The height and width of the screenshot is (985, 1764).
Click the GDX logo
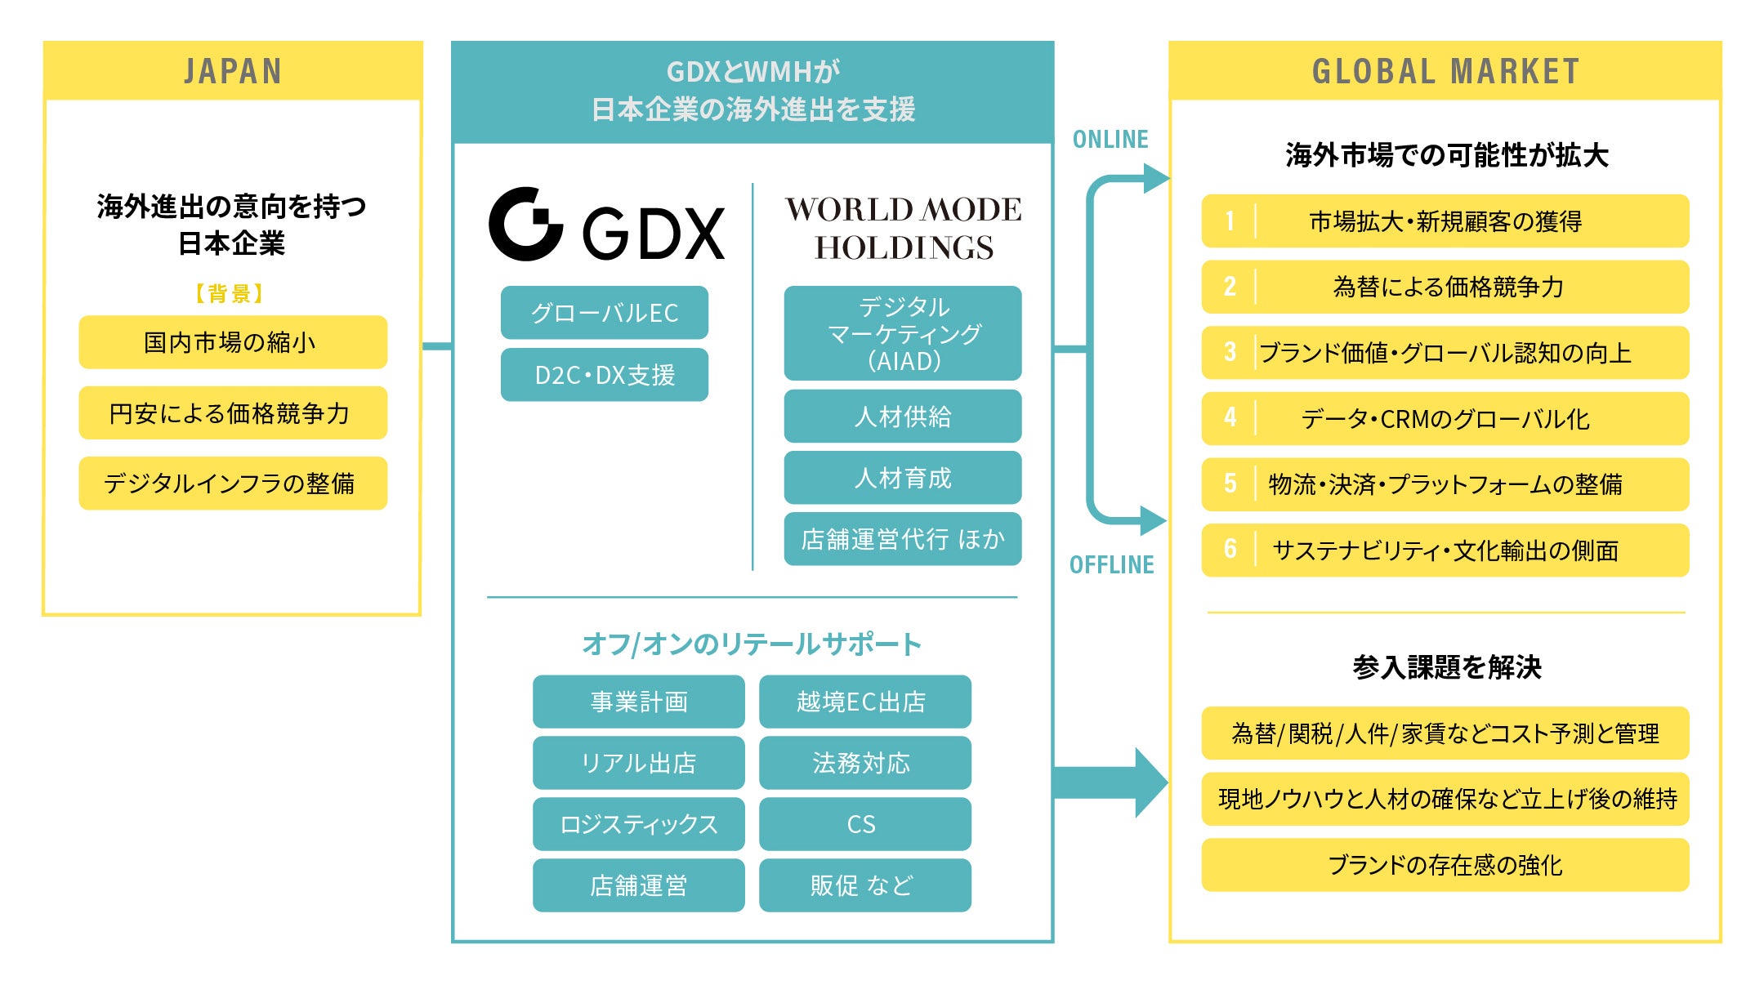tap(606, 225)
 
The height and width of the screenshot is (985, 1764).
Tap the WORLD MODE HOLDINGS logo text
tap(903, 228)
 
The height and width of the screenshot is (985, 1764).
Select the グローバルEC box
tap(605, 313)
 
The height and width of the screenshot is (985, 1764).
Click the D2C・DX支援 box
tap(605, 375)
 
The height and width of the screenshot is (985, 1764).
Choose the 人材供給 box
tap(903, 417)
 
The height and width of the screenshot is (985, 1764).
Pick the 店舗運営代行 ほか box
tap(903, 539)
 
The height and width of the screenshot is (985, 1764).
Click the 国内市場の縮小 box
tap(233, 342)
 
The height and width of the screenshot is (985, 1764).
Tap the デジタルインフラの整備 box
tap(233, 484)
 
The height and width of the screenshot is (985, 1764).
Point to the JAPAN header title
tap(233, 72)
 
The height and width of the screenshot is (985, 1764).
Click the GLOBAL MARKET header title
tap(1445, 72)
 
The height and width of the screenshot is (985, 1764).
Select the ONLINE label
tap(1110, 140)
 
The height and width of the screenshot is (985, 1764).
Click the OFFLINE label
tap(1111, 564)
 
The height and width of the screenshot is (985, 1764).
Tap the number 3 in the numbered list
tap(1230, 352)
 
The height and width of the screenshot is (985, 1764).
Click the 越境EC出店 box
tap(864, 702)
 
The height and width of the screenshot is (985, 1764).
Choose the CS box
tap(864, 824)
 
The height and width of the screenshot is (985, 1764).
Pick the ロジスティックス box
tap(639, 824)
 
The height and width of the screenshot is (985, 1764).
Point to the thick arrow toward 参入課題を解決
tap(1111, 782)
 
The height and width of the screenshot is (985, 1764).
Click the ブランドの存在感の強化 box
tap(1445, 865)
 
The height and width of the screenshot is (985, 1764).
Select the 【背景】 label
tap(230, 293)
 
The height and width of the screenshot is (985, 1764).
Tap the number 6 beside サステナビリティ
tap(1230, 550)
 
